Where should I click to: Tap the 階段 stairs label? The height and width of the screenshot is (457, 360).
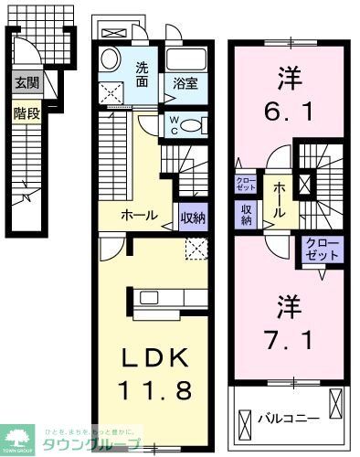pyautogui.click(x=24, y=113)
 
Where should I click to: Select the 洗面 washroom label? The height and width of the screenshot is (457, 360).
pyautogui.click(x=144, y=74)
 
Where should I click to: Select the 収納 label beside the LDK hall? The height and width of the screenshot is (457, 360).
pyautogui.click(x=192, y=217)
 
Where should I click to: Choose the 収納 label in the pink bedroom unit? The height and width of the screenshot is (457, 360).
pyautogui.click(x=247, y=214)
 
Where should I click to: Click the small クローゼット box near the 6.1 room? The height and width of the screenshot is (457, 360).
pyautogui.click(x=247, y=186)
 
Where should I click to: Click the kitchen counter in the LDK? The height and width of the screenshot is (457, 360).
pyautogui.click(x=170, y=298)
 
